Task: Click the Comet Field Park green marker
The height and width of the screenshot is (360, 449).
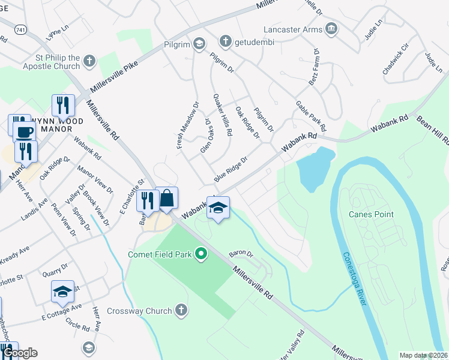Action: [x=202, y=255]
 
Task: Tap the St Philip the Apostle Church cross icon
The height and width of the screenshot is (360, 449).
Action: [x=89, y=61]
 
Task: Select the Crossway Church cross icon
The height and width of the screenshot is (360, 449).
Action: [x=181, y=311]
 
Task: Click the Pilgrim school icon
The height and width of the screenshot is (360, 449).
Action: [x=199, y=44]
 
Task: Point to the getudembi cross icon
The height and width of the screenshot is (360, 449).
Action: [x=226, y=41]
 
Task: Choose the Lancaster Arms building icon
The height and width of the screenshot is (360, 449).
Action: [x=331, y=29]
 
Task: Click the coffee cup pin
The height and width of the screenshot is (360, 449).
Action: [x=24, y=132]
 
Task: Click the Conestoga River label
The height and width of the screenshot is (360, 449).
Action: [x=355, y=278]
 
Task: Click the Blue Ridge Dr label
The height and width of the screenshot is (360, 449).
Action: [x=231, y=170]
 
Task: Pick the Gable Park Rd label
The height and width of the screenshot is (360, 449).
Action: [x=310, y=116]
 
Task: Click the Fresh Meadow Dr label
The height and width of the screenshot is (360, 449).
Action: [x=187, y=124]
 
